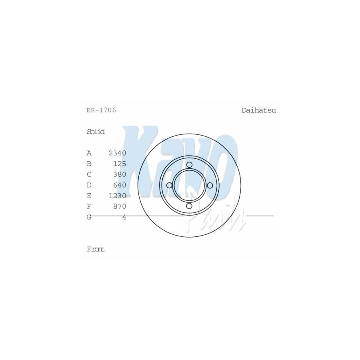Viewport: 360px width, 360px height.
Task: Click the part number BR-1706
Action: [101, 110]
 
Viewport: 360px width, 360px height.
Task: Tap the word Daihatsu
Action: [259, 110]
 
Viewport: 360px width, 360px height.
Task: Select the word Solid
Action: [96, 132]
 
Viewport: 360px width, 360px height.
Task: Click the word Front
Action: [96, 249]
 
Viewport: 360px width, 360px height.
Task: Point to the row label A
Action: [89, 153]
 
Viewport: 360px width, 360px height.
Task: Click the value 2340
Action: [117, 153]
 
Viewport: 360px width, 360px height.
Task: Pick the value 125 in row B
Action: [120, 164]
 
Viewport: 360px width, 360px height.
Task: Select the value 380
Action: [120, 174]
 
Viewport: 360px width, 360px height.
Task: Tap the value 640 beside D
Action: [120, 185]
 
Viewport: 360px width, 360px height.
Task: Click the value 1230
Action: [117, 196]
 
